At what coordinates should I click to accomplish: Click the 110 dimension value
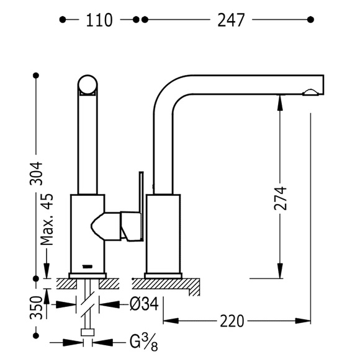99,20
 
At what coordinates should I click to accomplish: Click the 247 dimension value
231,20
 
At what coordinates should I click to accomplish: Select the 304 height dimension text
36,174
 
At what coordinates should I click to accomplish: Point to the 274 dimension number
280,198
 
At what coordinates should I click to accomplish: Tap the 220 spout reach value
232,321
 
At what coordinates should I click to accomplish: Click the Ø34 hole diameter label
144,304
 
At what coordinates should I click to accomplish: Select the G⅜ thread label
143,342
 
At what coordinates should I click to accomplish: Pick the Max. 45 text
47,219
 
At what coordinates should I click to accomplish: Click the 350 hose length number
36,307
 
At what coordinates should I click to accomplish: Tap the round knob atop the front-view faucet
88,84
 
